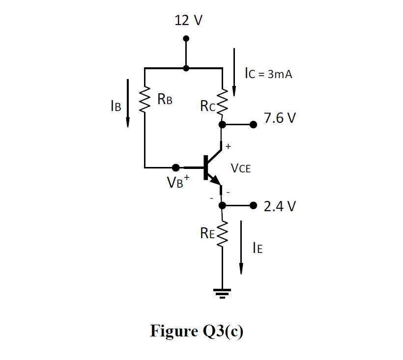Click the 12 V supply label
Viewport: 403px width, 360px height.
(189, 20)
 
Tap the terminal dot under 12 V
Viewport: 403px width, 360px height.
(186, 39)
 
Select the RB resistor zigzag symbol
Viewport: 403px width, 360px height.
(144, 101)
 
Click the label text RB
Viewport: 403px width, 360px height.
(165, 100)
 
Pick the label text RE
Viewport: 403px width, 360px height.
(208, 234)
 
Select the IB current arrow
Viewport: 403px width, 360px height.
(128, 103)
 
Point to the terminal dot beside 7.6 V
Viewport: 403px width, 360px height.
(253, 125)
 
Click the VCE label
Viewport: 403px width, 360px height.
(241, 168)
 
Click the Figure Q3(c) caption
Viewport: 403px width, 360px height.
(197, 331)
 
